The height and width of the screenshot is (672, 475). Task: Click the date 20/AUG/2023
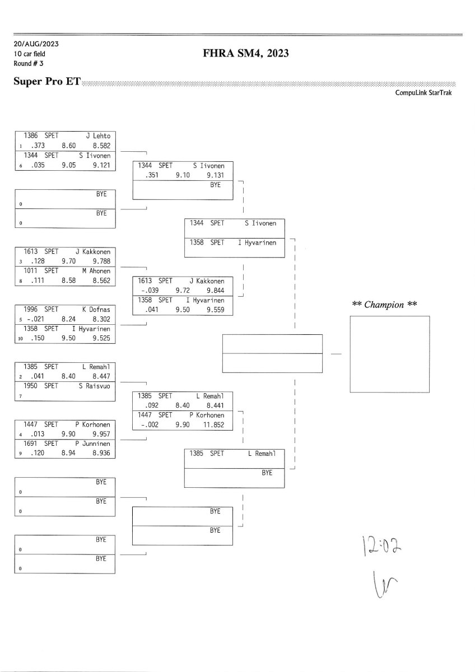36,44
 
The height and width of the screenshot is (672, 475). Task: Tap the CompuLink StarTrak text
423,93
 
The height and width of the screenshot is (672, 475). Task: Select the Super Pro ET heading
46,82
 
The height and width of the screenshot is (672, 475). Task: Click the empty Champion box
389,354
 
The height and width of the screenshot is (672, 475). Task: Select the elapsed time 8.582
101,145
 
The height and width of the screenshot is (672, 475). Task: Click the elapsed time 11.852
213,425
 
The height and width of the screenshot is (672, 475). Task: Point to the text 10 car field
30,54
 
